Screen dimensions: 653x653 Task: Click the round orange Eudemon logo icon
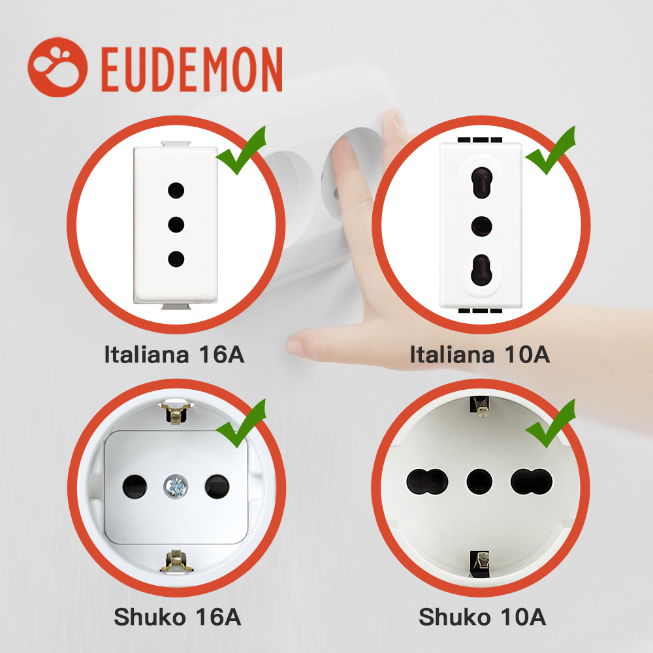coord(57,67)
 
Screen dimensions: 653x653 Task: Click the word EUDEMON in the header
coord(191,68)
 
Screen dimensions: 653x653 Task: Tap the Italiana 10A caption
coord(479,355)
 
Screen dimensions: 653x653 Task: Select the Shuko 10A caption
coord(482,616)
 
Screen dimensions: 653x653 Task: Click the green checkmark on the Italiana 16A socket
coord(241,150)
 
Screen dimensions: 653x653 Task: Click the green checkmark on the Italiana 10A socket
coord(550,150)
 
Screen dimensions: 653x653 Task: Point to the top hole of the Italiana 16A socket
coord(174,190)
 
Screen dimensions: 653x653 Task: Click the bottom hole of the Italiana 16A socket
coord(174,259)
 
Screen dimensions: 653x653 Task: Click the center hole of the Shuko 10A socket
coord(479,481)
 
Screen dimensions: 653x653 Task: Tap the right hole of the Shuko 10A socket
coord(531,481)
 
